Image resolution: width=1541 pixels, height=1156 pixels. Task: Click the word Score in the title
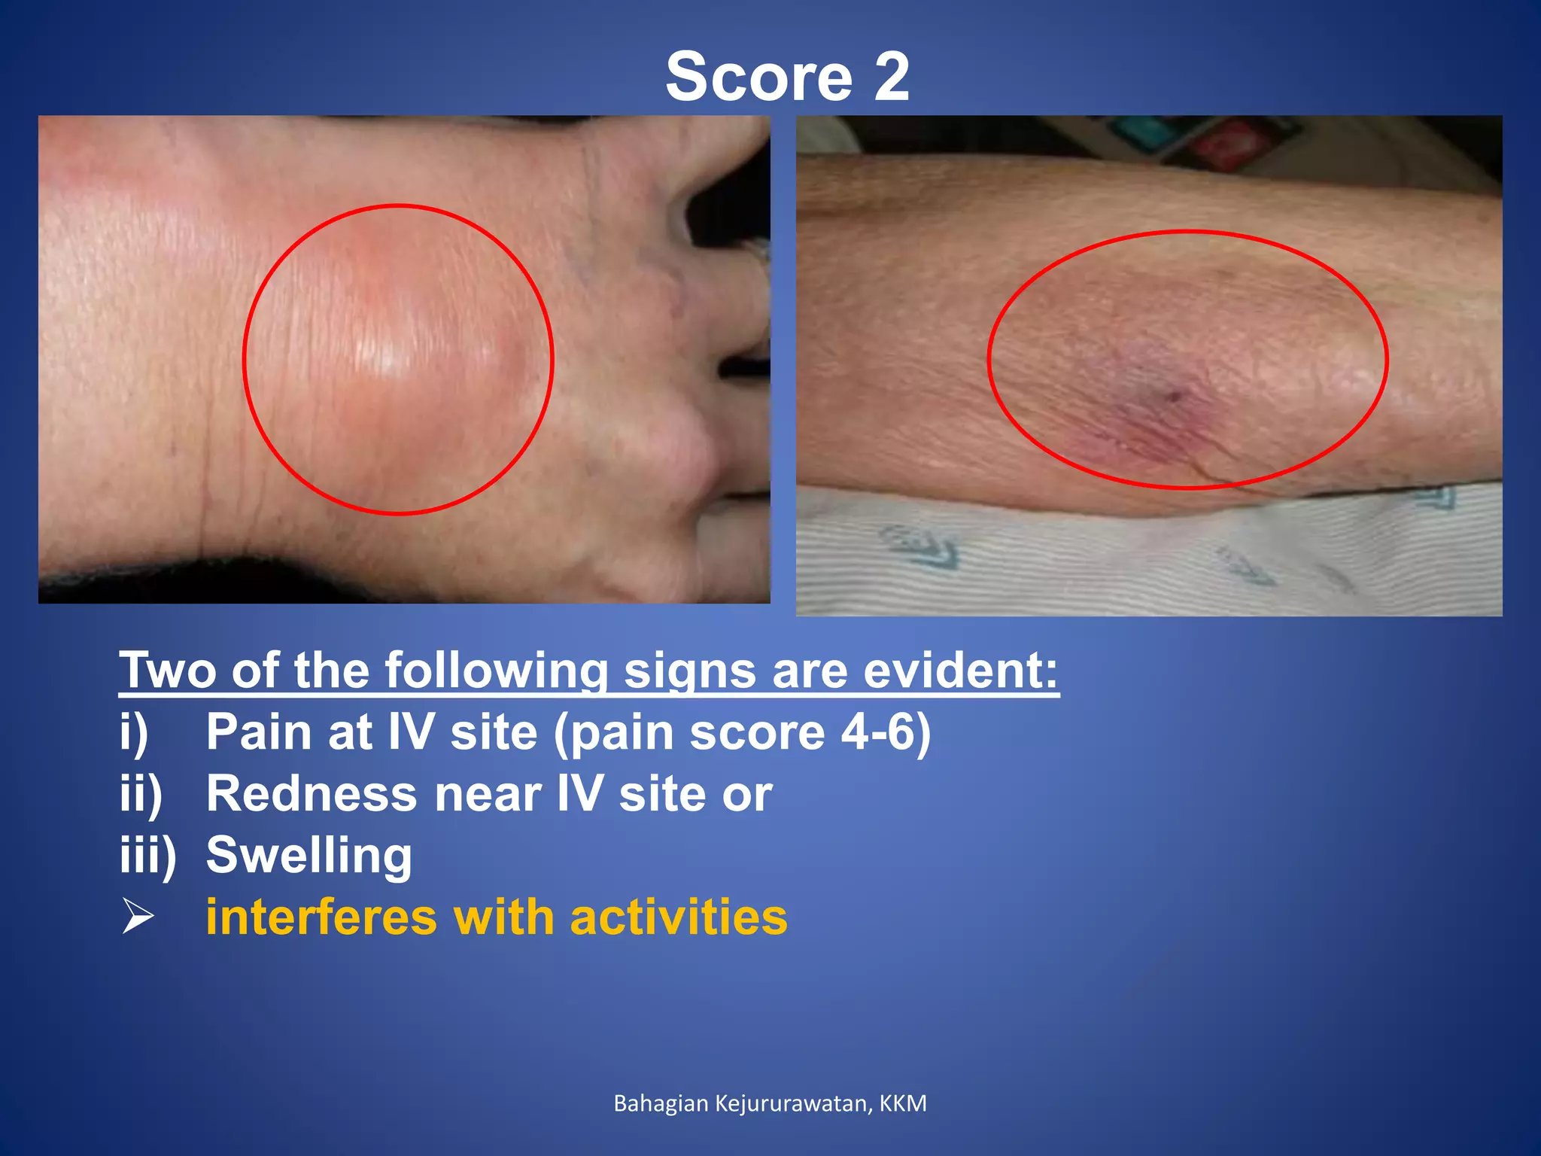click(x=758, y=77)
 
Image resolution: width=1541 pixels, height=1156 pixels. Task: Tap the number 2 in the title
click(x=892, y=77)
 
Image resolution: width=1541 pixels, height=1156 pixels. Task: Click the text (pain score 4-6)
click(x=742, y=732)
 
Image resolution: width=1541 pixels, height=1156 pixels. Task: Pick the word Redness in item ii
click(x=312, y=793)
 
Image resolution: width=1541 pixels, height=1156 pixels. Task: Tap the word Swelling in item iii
click(x=309, y=856)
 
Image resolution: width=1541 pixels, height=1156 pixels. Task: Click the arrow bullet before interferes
click(x=138, y=917)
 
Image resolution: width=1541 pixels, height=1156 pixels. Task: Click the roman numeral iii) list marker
click(x=147, y=856)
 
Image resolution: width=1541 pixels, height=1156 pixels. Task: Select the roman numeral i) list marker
click(x=134, y=732)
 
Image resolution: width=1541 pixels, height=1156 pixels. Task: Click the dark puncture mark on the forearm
click(x=1172, y=395)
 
